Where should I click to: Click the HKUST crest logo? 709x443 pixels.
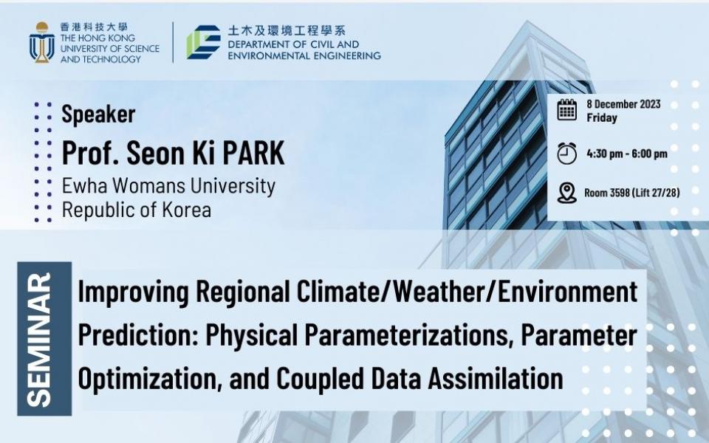[x=41, y=42]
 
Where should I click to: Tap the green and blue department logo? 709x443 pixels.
[x=204, y=42]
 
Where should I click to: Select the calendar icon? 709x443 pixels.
[x=566, y=110]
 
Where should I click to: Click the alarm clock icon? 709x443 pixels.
[x=566, y=154]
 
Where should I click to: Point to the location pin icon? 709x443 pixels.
[x=566, y=193]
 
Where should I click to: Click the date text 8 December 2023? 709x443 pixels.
[x=623, y=104]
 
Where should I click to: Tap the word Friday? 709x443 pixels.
[x=602, y=118]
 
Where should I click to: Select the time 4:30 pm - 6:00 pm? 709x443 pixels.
[x=627, y=154]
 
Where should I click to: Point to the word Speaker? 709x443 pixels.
[x=98, y=114]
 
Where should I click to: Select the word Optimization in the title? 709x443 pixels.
[x=151, y=379]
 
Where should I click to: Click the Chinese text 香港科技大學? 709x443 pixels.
[x=94, y=27]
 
